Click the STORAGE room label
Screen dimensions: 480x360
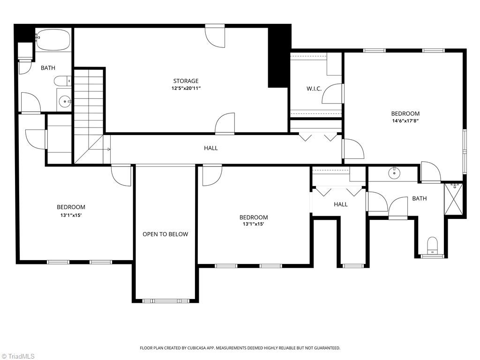pyautogui.click(x=186, y=81)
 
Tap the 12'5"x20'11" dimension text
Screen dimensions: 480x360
pyautogui.click(x=186, y=89)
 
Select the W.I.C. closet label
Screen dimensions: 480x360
pyautogui.click(x=314, y=89)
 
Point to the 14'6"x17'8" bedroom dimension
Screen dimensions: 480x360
pyautogui.click(x=405, y=120)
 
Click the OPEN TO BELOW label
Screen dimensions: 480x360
pyautogui.click(x=165, y=234)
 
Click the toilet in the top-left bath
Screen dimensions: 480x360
pyautogui.click(x=62, y=81)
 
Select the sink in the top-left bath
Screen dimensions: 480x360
pyautogui.click(x=65, y=101)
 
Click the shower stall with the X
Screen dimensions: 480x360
pyautogui.click(x=453, y=199)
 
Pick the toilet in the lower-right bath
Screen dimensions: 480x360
pyautogui.click(x=432, y=245)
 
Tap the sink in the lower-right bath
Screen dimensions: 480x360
pyautogui.click(x=394, y=173)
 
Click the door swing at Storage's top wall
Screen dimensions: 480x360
pyautogui.click(x=215, y=36)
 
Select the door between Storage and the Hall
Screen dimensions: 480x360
pyautogui.click(x=225, y=123)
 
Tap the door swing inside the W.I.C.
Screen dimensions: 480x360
pyautogui.click(x=332, y=94)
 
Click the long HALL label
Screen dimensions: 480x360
pyautogui.click(x=211, y=148)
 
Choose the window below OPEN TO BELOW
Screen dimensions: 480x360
pyautogui.click(x=165, y=301)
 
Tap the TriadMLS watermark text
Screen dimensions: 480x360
pyautogui.click(x=18, y=356)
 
